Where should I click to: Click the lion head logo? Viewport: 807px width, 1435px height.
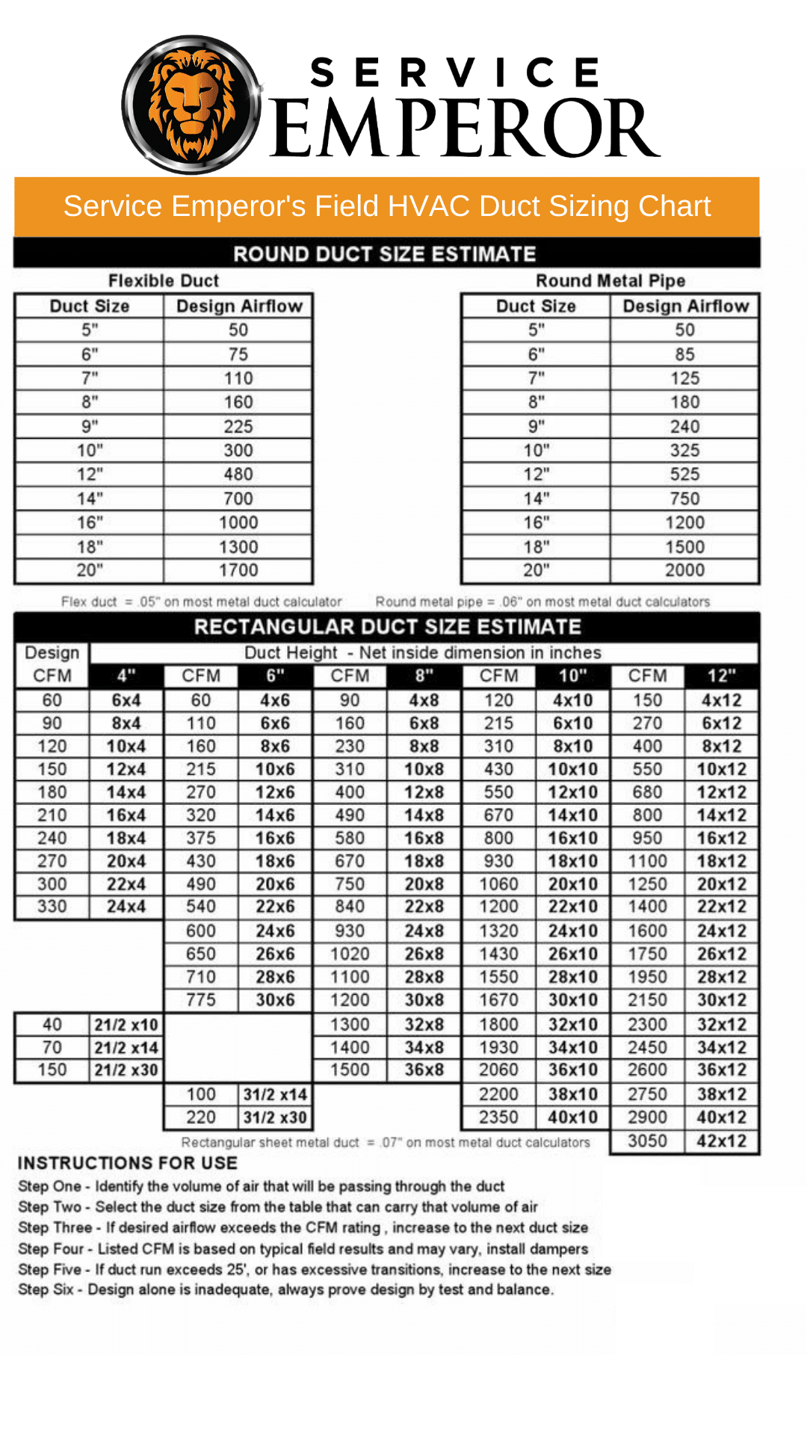[x=191, y=105]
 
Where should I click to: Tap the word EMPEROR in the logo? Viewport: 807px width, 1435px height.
[x=463, y=129]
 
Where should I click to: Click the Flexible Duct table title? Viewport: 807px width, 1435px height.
[x=164, y=281]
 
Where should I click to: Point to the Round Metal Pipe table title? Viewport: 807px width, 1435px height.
[x=610, y=281]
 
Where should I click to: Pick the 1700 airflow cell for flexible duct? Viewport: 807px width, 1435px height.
[x=238, y=570]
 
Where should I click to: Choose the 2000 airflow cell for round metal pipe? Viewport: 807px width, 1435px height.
[x=684, y=570]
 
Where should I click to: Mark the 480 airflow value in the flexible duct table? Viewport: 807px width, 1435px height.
[x=238, y=475]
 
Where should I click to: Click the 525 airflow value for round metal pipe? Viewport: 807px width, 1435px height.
[x=684, y=475]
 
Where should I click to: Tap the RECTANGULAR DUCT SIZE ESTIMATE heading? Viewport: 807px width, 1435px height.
[x=387, y=627]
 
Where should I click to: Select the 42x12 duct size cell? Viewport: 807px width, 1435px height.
[x=721, y=1141]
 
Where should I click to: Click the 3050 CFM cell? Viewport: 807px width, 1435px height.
[x=647, y=1141]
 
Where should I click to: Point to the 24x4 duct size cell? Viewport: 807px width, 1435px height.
[x=126, y=907]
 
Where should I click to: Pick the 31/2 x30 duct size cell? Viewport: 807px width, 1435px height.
[x=275, y=1117]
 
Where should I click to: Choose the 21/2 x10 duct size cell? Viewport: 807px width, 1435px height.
[x=126, y=1025]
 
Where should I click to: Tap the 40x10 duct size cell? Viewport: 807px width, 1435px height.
[x=573, y=1117]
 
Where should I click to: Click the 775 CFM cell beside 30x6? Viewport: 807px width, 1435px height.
[x=201, y=1000]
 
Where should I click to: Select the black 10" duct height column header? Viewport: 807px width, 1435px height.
[x=573, y=676]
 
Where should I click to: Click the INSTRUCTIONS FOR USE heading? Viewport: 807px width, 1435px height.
[x=128, y=1163]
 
